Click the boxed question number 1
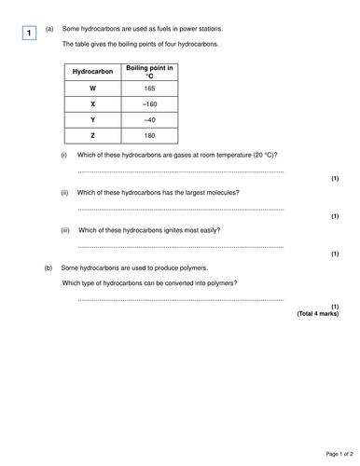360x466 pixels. pyautogui.click(x=31, y=34)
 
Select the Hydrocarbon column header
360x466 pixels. pyautogui.click(x=92, y=71)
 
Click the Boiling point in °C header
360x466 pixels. pyautogui.click(x=149, y=71)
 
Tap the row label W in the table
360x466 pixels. pyautogui.click(x=92, y=88)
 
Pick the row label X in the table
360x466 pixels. pyautogui.click(x=92, y=103)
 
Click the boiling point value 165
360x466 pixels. pyautogui.click(x=149, y=88)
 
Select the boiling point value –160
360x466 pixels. pyautogui.click(x=149, y=103)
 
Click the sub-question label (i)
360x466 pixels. pyautogui.click(x=64, y=155)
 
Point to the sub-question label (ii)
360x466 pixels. pyautogui.click(x=65, y=192)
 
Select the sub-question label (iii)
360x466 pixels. pyautogui.click(x=66, y=229)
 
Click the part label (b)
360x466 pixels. pyautogui.click(x=48, y=267)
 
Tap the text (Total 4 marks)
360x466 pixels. pyautogui.click(x=317, y=314)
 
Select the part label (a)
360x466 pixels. pyautogui.click(x=48, y=30)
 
